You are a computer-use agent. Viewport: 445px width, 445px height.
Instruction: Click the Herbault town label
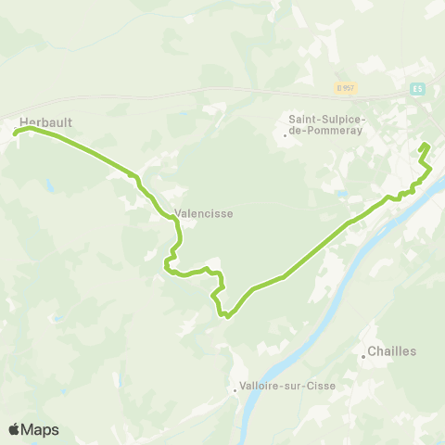[45, 121]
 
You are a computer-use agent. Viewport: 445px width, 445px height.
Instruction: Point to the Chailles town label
[392, 351]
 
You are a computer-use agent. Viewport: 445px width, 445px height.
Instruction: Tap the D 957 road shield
[346, 88]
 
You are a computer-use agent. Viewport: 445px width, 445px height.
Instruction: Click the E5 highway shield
[419, 89]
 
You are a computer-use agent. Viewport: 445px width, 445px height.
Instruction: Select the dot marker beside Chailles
[364, 356]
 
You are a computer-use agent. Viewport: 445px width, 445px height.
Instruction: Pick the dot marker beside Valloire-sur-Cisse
[236, 389]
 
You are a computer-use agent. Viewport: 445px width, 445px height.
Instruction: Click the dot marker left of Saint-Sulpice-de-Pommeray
[286, 135]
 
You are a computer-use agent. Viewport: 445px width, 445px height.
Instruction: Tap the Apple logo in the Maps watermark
[15, 429]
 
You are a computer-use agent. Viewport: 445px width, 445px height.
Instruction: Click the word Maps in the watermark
[41, 429]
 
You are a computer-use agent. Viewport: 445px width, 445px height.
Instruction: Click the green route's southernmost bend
[226, 315]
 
